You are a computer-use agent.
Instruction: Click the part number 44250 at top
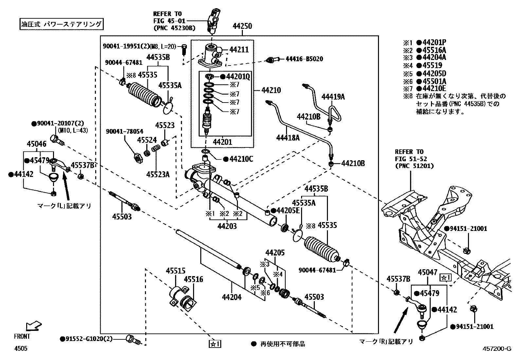pos(242,26)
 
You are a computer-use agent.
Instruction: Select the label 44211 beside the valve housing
pos(239,50)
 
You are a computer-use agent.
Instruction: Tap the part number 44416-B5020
pos(304,59)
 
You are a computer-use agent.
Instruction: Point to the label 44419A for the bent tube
pos(333,97)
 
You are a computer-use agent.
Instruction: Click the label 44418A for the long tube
pos(288,138)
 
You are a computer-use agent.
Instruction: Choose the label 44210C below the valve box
pos(241,159)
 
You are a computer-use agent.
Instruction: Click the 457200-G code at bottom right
pos(496,349)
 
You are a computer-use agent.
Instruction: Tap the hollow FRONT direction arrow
pos(34,326)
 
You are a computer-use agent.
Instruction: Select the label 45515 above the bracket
pos(175,271)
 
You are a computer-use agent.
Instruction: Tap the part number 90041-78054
pos(124,131)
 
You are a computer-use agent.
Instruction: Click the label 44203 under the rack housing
pos(227,226)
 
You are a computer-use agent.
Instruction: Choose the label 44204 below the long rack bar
pos(231,297)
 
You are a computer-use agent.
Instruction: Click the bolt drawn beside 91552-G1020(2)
pos(133,339)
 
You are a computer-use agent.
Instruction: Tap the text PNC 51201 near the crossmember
pos(414,166)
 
